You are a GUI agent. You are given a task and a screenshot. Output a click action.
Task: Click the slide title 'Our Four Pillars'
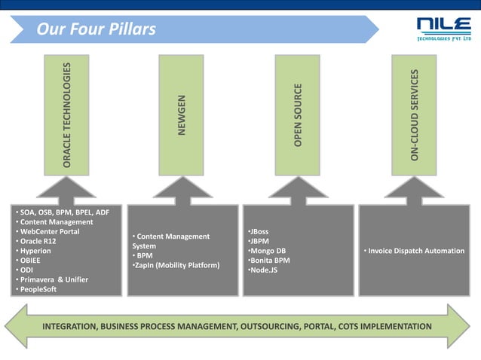[97, 29]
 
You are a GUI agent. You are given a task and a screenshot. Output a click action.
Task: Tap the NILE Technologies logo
[443, 30]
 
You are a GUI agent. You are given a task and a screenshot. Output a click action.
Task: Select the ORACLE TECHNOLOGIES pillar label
[68, 115]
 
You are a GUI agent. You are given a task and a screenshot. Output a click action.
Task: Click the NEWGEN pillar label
[182, 115]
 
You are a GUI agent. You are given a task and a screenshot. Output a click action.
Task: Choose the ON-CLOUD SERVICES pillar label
[414, 115]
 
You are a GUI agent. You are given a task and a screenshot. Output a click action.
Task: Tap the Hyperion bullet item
[37, 251]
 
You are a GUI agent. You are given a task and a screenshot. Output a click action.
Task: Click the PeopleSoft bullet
[38, 289]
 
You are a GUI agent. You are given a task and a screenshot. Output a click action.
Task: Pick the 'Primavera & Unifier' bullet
[54, 279]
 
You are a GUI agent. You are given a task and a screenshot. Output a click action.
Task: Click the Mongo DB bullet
[268, 251]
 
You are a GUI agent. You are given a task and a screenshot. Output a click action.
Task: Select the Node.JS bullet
[264, 270]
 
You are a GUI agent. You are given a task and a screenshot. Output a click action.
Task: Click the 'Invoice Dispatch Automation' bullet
[415, 251]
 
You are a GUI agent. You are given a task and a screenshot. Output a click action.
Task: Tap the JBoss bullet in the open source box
[259, 231]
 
